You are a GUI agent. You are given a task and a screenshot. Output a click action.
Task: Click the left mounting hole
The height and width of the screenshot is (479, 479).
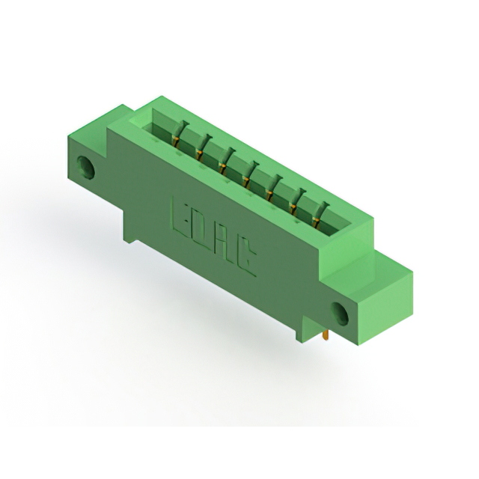tap(85, 168)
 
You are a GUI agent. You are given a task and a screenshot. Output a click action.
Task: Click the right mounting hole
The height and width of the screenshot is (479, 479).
tap(340, 314)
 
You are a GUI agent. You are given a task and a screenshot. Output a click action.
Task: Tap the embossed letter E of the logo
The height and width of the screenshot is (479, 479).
tap(180, 215)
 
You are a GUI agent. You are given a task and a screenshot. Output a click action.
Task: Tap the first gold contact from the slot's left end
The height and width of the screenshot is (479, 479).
tap(175, 141)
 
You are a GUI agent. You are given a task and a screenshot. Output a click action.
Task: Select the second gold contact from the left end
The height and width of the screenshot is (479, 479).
tap(198, 155)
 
